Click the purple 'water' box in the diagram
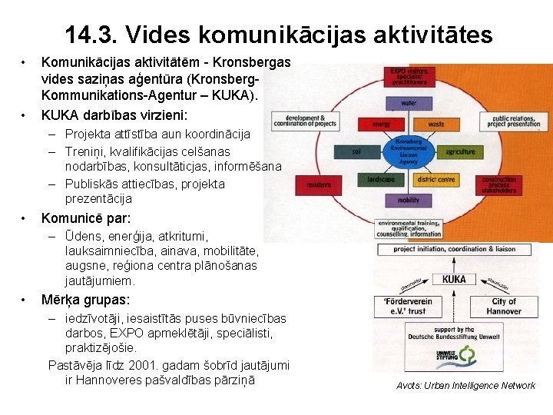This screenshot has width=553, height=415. tap(409, 102)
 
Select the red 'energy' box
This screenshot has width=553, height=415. tap(382, 124)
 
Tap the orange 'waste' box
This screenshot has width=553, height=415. tap(435, 124)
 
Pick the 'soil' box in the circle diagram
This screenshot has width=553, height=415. tap(356, 151)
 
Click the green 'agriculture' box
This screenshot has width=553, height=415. tap(460, 151)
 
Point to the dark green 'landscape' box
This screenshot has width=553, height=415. tap(381, 179)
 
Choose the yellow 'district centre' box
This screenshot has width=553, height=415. tap(435, 179)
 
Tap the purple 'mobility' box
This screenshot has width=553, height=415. tap(409, 200)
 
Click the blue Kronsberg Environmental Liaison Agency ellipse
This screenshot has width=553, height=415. tap(409, 151)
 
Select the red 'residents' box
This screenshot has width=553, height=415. tap(319, 185)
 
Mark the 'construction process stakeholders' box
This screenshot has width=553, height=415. tap(499, 184)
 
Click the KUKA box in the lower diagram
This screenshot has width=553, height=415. tap(454, 278)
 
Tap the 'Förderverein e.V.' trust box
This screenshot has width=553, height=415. tap(405, 306)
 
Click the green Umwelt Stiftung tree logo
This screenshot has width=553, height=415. tap(468, 356)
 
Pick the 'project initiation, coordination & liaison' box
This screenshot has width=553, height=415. tap(454, 250)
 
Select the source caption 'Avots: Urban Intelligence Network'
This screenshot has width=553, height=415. tap(465, 385)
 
